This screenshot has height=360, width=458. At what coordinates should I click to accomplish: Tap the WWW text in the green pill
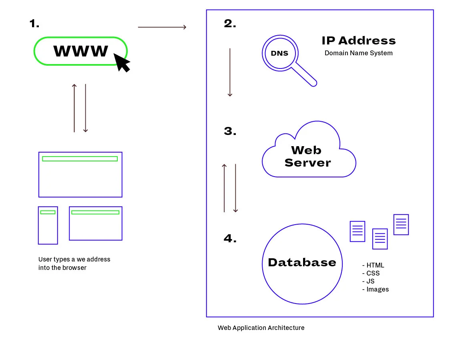click(x=81, y=51)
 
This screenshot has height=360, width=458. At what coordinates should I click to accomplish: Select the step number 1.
click(x=34, y=24)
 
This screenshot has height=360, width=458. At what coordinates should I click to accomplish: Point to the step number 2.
click(x=230, y=24)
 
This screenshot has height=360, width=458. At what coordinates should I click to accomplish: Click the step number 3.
click(x=230, y=131)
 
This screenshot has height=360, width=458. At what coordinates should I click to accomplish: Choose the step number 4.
click(x=230, y=239)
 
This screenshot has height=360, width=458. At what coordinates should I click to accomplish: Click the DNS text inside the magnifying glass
click(x=279, y=53)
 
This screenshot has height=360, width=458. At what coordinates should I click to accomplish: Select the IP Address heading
click(x=358, y=40)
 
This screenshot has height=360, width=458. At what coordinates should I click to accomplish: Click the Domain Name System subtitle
click(x=358, y=53)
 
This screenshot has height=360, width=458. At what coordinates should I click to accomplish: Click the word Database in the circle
click(x=302, y=262)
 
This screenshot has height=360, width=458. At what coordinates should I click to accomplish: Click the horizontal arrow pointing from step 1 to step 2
click(x=162, y=27)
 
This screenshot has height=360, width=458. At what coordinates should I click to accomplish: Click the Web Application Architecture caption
click(x=261, y=328)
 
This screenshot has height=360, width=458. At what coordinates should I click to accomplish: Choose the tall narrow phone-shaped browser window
click(x=48, y=225)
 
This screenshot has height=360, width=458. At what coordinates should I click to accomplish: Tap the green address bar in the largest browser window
click(x=80, y=159)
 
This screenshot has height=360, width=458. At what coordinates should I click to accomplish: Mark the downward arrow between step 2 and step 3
click(x=230, y=72)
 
